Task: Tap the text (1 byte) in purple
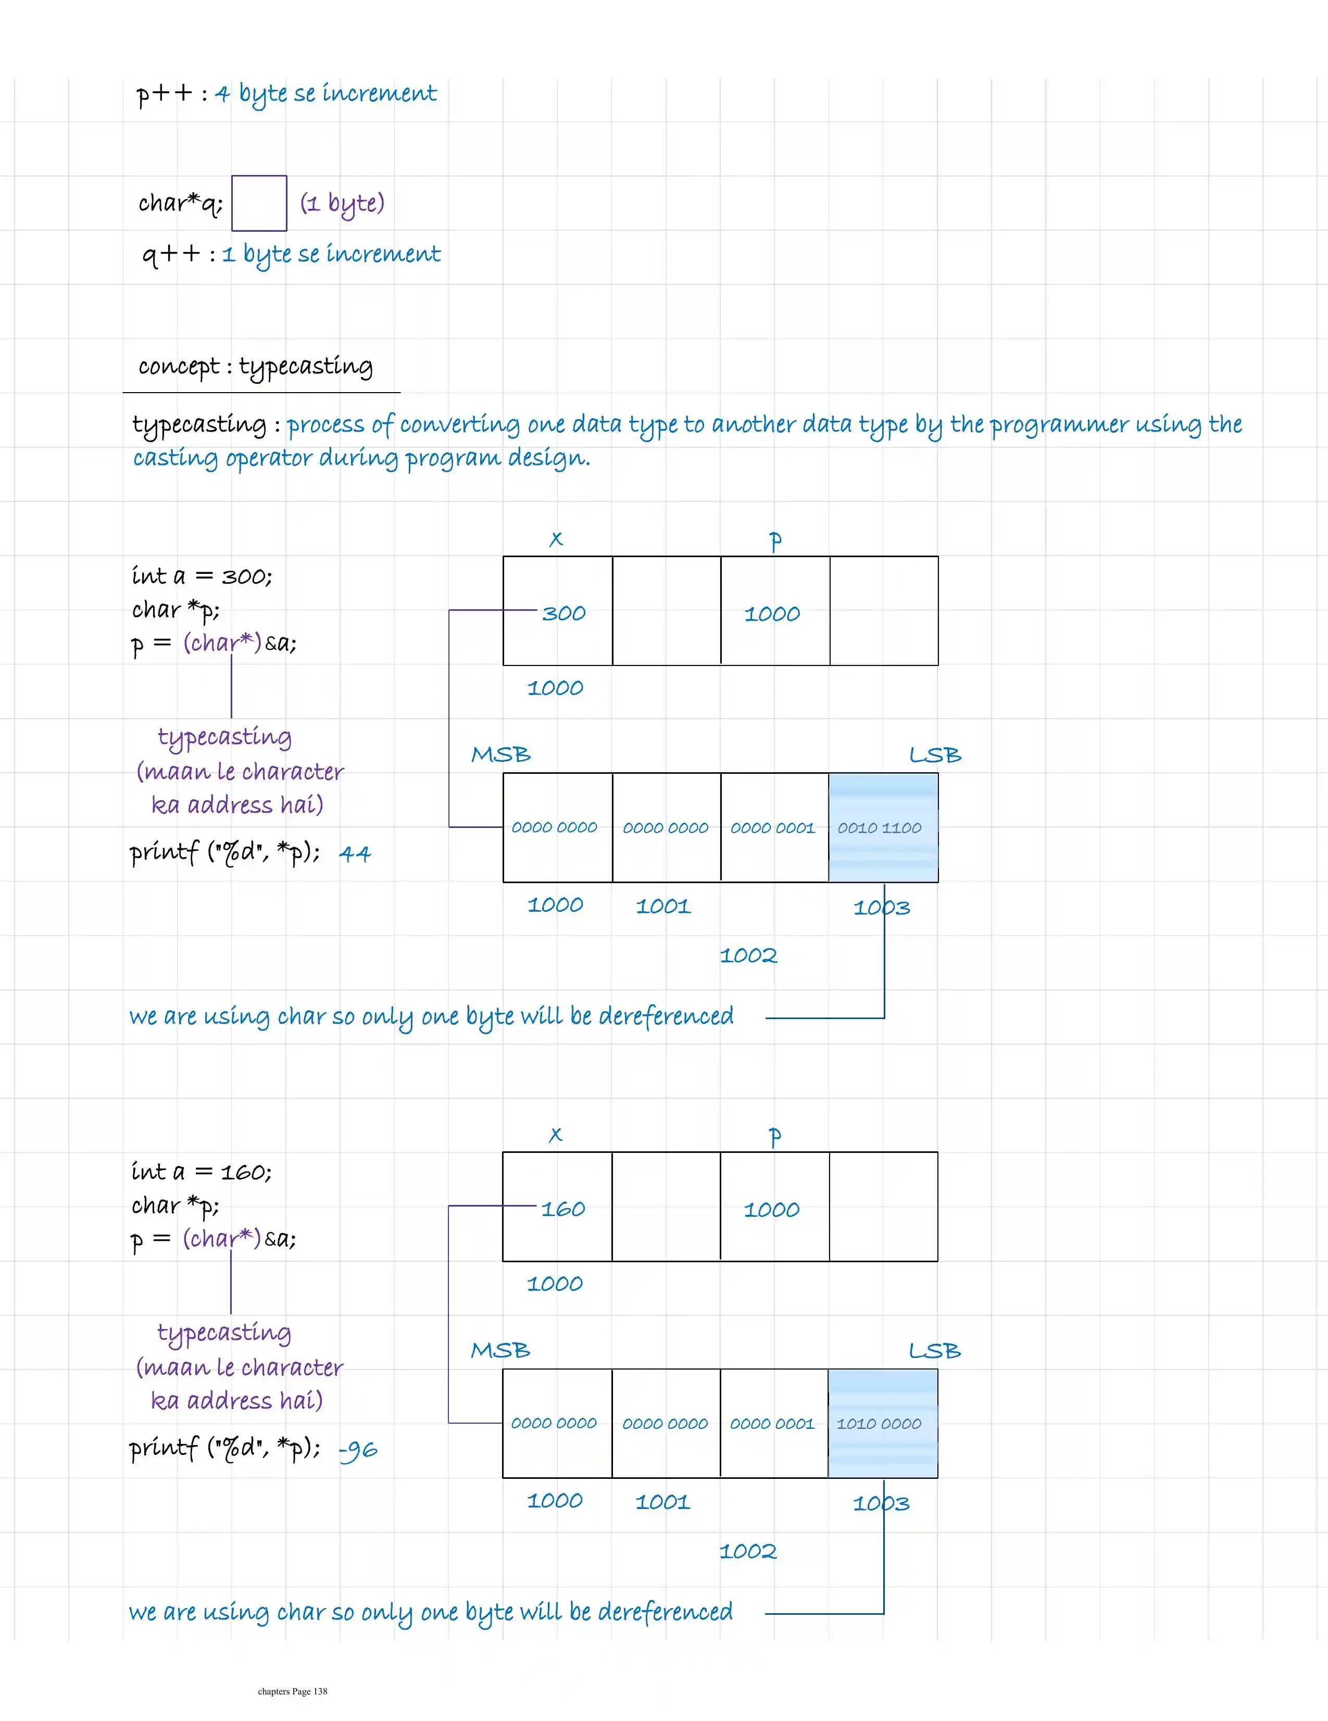[x=342, y=203]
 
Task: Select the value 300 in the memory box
[x=563, y=613]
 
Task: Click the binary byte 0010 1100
[x=880, y=827]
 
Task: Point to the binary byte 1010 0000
[x=879, y=1423]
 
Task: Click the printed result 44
[x=355, y=853]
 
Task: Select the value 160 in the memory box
[x=563, y=1209]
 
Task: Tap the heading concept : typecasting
[x=255, y=367]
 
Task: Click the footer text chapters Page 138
[x=292, y=1691]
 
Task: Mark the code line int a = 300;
[x=202, y=576]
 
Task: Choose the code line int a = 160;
[x=202, y=1172]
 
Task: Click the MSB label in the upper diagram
[x=500, y=755]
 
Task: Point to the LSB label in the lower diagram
[x=935, y=1351]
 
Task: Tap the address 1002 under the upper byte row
[x=748, y=955]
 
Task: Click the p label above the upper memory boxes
[x=775, y=540]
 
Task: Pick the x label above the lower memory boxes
[x=556, y=1135]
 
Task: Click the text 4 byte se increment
[x=325, y=94]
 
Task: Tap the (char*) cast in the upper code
[x=221, y=643]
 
